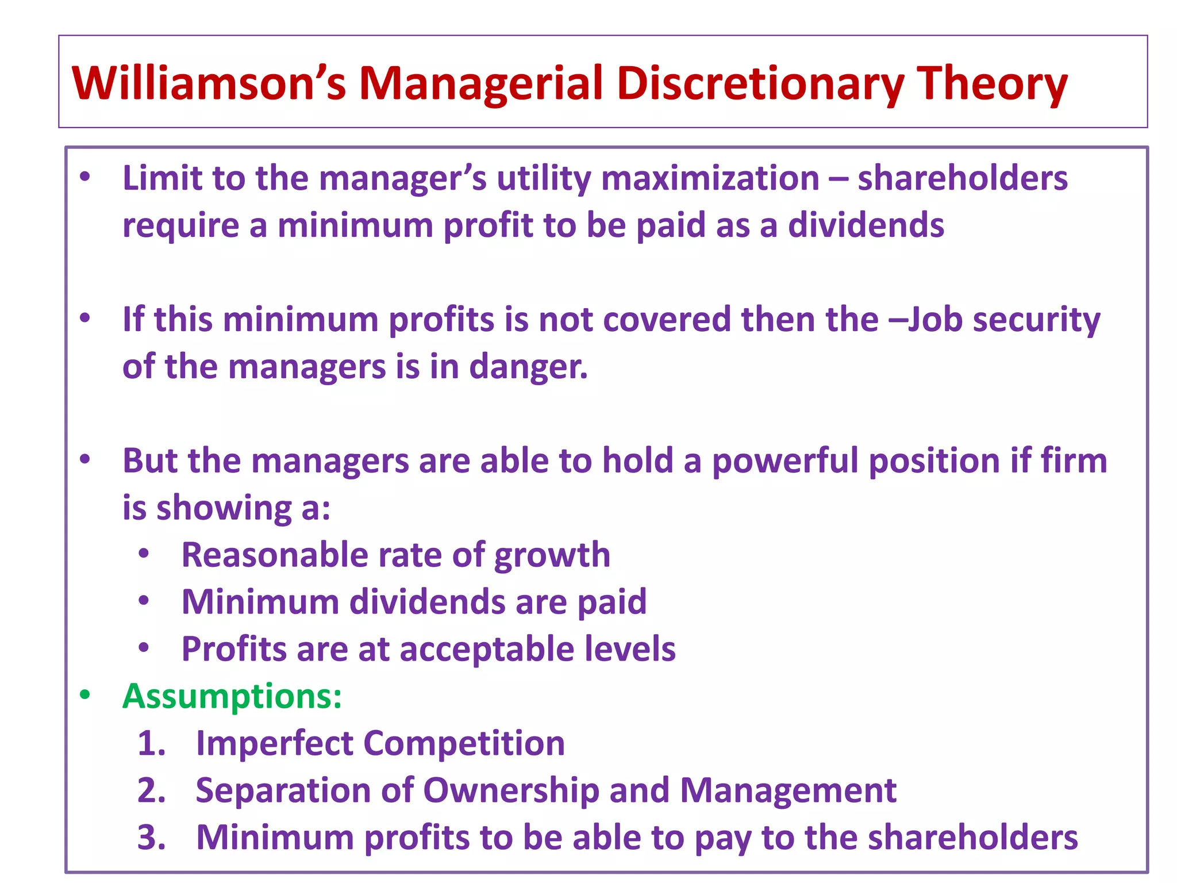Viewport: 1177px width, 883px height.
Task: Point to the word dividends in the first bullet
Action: coord(866,225)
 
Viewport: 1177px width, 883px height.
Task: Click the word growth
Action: coord(552,556)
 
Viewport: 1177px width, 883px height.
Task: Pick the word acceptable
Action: coord(487,650)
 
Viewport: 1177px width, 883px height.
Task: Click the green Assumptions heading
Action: coord(232,696)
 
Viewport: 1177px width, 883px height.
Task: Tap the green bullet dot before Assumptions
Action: coord(85,695)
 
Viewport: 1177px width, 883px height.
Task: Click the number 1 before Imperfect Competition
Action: coord(151,743)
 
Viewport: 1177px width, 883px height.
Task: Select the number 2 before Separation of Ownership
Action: coord(151,790)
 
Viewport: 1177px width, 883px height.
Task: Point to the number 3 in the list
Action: coord(151,838)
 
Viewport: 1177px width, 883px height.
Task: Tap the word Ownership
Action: coord(511,791)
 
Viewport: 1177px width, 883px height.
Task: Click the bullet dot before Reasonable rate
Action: coord(144,554)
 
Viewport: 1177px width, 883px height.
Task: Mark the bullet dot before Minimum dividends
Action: coord(144,601)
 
